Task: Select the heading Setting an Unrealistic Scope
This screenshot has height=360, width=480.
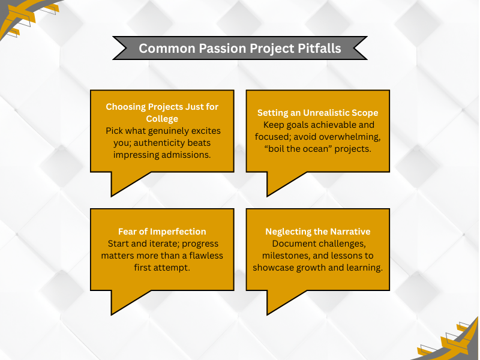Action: click(x=318, y=113)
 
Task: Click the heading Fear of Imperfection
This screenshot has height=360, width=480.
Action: click(x=162, y=232)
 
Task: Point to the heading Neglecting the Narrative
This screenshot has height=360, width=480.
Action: click(x=318, y=232)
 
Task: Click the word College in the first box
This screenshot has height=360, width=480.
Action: click(x=162, y=119)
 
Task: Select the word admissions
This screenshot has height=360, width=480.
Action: click(x=186, y=155)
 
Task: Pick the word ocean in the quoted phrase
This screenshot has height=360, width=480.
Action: click(x=316, y=149)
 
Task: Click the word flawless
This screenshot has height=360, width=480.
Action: click(x=206, y=256)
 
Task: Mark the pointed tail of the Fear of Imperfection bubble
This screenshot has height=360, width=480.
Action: click(x=112, y=314)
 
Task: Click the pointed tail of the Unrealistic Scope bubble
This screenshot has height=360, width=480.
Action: click(x=268, y=196)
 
